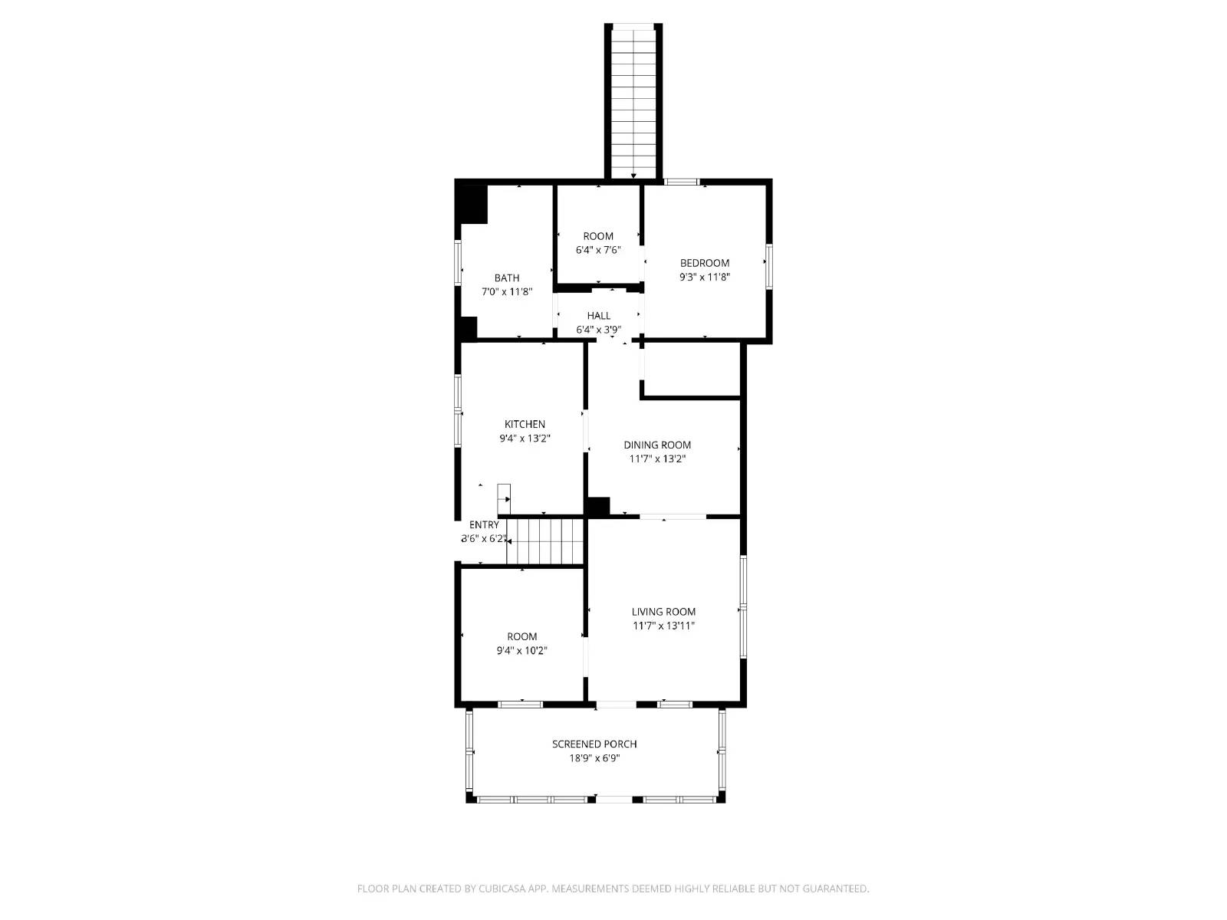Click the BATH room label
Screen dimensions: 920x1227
506,278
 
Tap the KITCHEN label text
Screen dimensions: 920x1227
525,425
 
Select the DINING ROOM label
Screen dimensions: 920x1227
657,445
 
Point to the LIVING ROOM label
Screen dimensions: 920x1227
663,612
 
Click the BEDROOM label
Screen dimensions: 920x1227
704,263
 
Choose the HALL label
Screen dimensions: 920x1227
599,316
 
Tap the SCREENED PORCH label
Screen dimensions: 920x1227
594,744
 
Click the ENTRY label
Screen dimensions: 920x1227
484,525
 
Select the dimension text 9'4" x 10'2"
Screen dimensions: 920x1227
521,651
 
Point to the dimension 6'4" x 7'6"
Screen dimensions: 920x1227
598,250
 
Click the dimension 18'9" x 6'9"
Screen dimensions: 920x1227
594,758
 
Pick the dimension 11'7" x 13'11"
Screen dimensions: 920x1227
663,626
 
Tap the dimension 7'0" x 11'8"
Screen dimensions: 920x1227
506,292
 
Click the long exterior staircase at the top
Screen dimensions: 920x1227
633,100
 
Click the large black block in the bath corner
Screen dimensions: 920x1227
472,205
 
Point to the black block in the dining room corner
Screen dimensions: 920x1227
598,507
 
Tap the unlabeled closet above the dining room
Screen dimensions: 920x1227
691,370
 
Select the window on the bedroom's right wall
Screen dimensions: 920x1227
768,267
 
